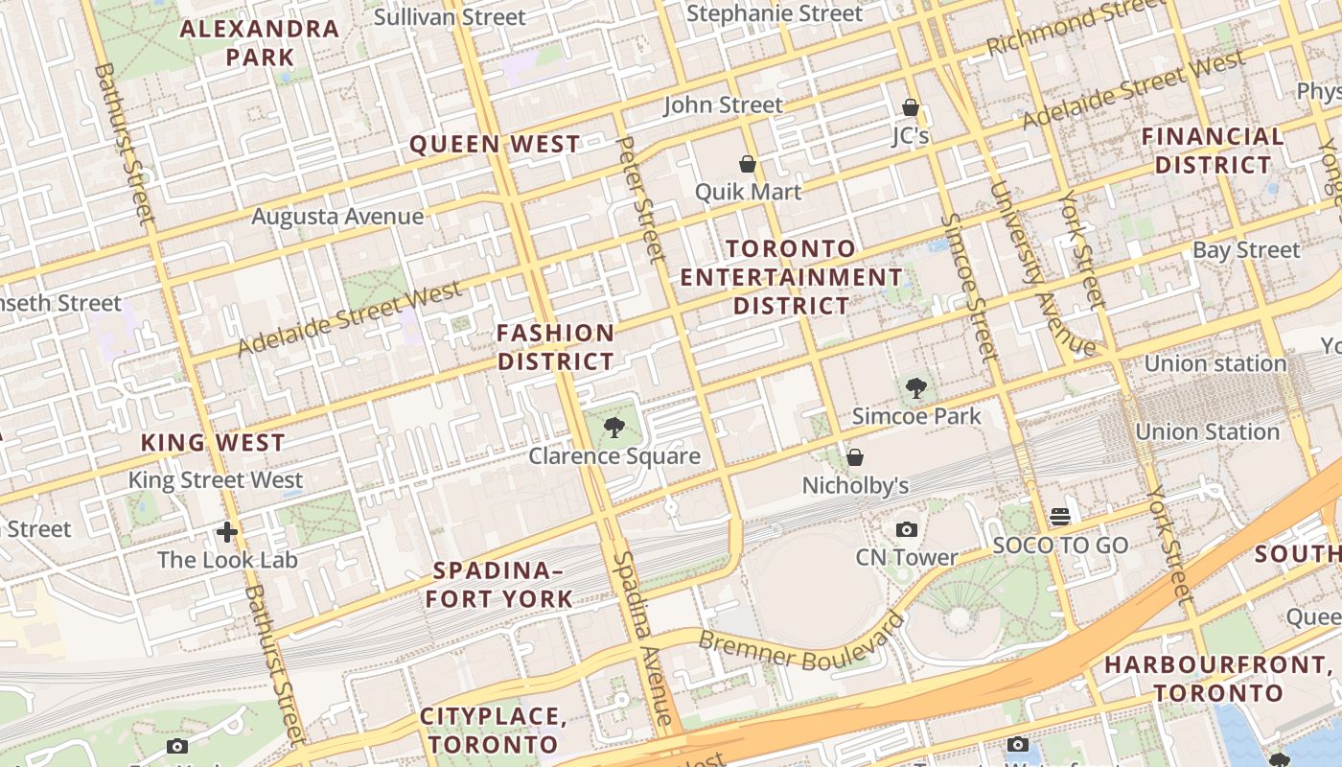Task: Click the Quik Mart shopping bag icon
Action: pos(748,165)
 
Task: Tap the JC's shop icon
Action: pos(911,107)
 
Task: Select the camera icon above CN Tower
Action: pos(906,529)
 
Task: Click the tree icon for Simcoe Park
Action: pos(916,388)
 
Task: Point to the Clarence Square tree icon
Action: pos(613,428)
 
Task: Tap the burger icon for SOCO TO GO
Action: pos(1059,517)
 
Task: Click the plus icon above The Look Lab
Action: pos(227,531)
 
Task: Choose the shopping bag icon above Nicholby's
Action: pos(854,457)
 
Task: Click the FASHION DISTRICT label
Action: pos(556,347)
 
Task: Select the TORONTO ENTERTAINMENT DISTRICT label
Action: pos(792,277)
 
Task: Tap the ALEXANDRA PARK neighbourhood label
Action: pos(260,43)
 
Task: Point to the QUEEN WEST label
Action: pos(495,145)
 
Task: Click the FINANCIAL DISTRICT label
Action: pos(1213,151)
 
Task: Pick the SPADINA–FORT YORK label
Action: pos(499,585)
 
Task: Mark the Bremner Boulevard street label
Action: pos(801,640)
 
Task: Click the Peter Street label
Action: pos(640,198)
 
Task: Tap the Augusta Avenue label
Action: pos(337,217)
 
